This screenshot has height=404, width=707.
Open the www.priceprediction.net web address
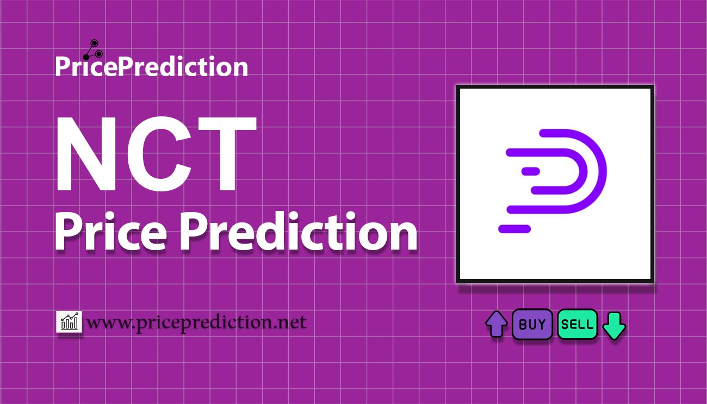click(x=196, y=323)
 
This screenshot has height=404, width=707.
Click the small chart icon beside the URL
click(x=69, y=322)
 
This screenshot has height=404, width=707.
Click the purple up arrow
click(x=496, y=324)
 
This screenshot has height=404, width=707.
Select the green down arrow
click(x=615, y=325)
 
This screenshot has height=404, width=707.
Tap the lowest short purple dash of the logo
click(x=514, y=229)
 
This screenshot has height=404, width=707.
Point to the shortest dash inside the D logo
click(x=530, y=171)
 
